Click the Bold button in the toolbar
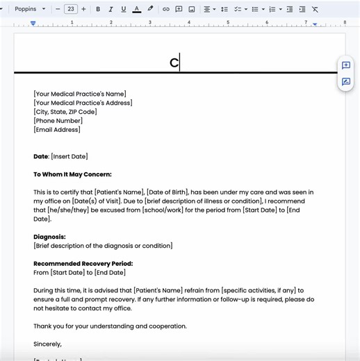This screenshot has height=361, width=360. pos(98,9)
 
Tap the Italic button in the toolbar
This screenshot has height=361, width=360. pos(111,9)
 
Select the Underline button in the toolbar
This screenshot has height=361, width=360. pos(123,9)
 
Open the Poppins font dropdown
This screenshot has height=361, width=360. pos(30,9)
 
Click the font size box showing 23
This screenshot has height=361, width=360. pos(71,9)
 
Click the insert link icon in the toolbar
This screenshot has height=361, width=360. pos(165,9)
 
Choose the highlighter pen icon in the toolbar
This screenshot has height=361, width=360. pos(150,9)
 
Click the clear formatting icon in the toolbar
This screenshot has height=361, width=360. pos(315,9)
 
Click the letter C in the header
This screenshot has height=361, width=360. pos(174,62)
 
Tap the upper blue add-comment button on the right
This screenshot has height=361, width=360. pos(345,65)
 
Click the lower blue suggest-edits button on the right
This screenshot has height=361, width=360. pos(345,82)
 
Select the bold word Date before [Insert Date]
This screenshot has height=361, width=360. pos(40,157)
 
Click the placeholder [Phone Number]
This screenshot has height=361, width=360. pos(58,121)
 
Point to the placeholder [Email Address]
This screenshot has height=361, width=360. pos(57,130)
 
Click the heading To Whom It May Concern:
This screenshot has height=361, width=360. pos(72,174)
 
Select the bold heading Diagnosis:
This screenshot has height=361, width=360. pos(49,237)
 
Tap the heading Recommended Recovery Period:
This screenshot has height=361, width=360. pos(83,264)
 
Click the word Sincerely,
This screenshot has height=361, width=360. pos(47,344)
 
